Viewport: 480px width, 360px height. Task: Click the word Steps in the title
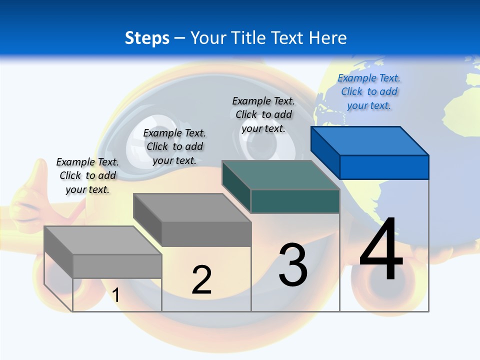tap(147, 38)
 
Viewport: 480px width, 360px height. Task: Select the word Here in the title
tap(327, 38)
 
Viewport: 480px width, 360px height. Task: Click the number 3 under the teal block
tap(293, 265)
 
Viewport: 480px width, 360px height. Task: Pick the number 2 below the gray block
tap(201, 280)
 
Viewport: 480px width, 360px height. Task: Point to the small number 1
tap(115, 295)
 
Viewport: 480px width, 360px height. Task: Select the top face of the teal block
tap(281, 175)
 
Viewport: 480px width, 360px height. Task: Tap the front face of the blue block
tap(384, 167)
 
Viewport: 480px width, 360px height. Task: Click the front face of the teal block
tap(295, 201)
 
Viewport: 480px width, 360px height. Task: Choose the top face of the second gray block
tap(192, 207)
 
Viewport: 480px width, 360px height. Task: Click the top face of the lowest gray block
tap(103, 240)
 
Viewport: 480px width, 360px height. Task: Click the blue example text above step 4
tap(369, 91)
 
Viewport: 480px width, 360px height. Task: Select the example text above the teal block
tap(263, 114)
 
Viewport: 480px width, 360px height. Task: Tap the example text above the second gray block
tap(174, 146)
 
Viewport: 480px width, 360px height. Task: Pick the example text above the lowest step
tap(87, 175)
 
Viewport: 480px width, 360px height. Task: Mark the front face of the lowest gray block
tap(117, 266)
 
